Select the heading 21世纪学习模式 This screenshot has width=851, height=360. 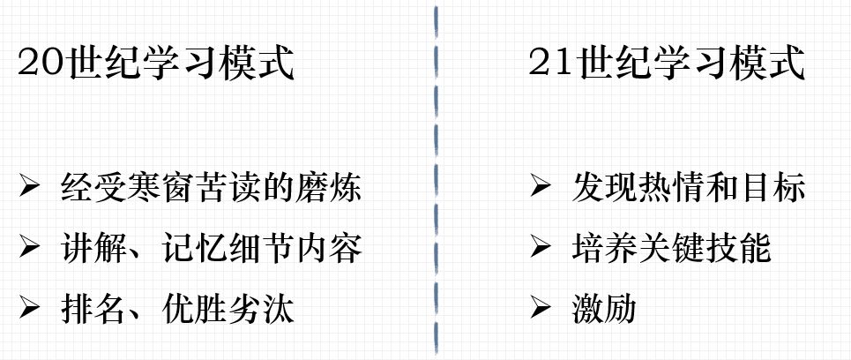pyautogui.click(x=667, y=64)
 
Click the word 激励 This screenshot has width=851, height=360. pyautogui.click(x=603, y=309)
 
